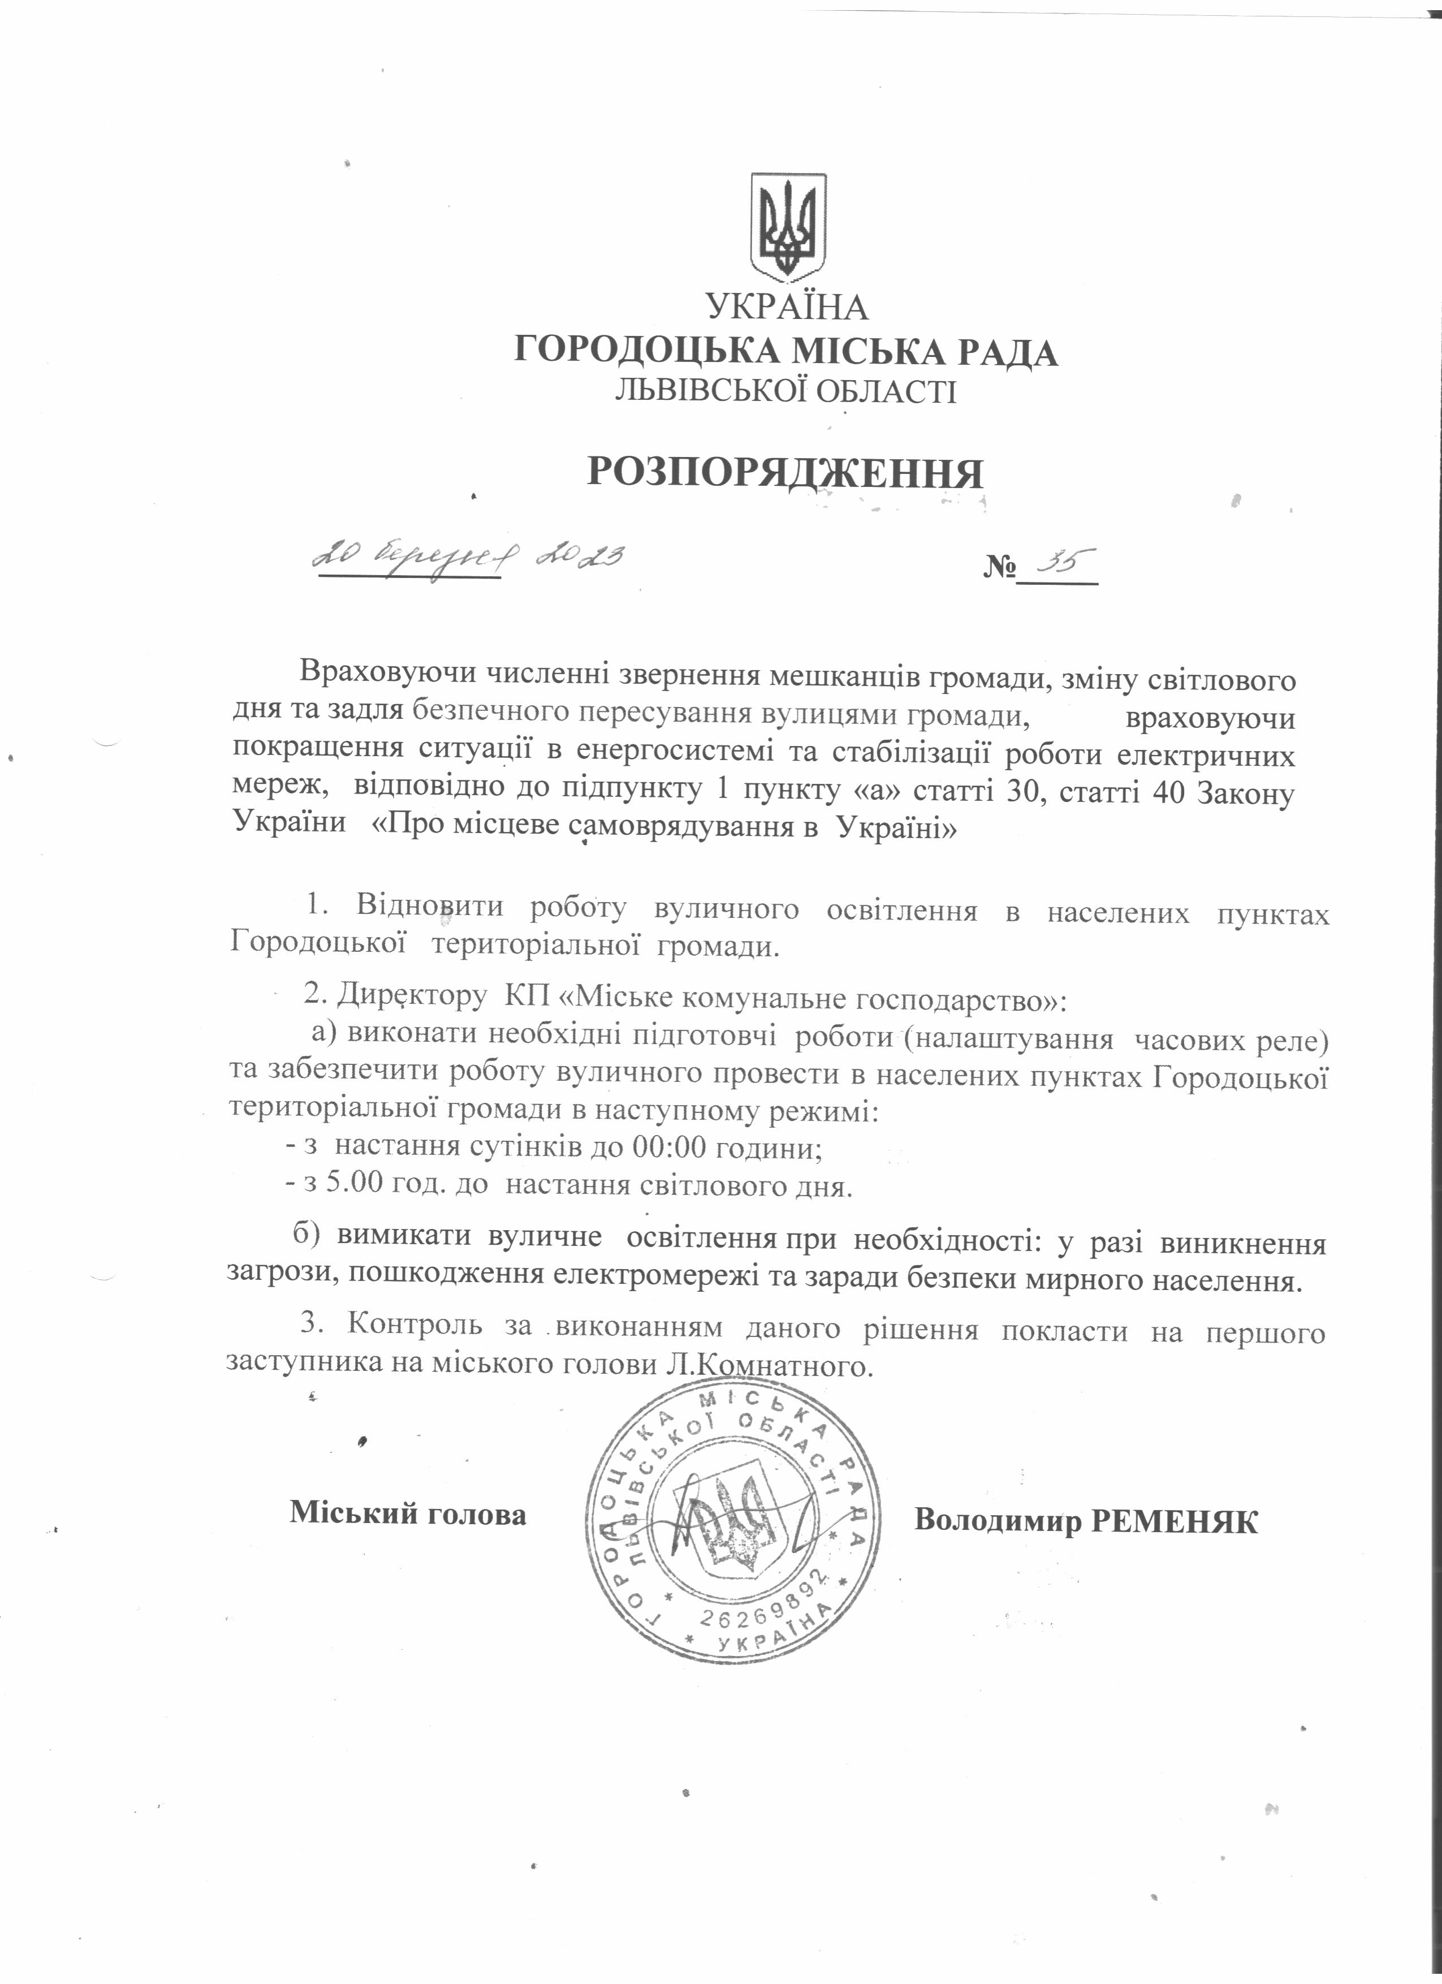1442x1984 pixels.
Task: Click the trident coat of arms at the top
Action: (x=789, y=228)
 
